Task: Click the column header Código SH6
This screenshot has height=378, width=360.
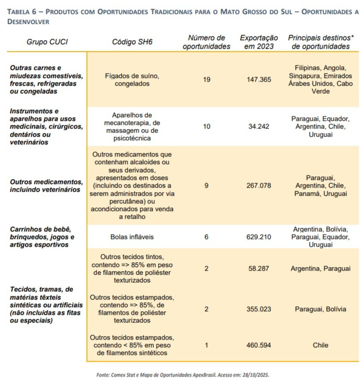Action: (x=132, y=42)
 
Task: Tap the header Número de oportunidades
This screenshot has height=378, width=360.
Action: (x=207, y=42)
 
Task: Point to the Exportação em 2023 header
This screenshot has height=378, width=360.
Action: (x=259, y=42)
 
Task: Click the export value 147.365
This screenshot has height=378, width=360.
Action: (x=259, y=80)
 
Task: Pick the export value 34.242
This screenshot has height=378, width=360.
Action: (x=259, y=126)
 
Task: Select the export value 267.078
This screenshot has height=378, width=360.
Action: (x=259, y=185)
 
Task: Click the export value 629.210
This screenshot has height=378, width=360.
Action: (x=259, y=236)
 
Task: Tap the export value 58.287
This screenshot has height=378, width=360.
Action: (x=259, y=268)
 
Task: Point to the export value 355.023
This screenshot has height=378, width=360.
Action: (x=259, y=309)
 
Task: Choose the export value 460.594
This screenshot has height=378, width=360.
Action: (x=259, y=346)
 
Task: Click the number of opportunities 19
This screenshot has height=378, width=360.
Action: (x=207, y=80)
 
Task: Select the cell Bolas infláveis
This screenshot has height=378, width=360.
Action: (x=132, y=236)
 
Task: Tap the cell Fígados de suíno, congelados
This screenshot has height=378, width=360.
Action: (x=132, y=80)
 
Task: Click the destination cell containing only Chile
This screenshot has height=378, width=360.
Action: (x=320, y=346)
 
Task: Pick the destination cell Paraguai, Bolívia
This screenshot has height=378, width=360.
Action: (x=320, y=309)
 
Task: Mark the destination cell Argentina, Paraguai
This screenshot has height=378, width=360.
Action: (x=320, y=268)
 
